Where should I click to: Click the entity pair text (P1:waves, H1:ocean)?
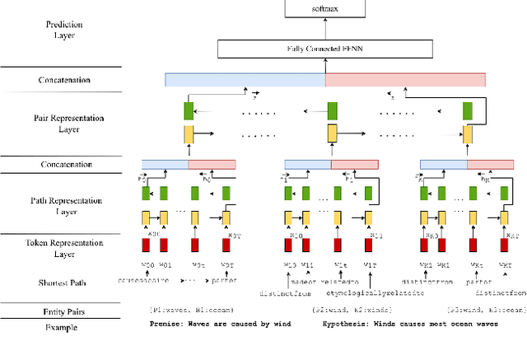(x=190, y=309)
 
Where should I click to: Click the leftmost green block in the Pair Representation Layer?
(x=189, y=110)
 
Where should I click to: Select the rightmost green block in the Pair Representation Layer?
(x=468, y=110)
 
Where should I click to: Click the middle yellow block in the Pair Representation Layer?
(x=332, y=133)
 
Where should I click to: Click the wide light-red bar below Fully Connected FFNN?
(x=405, y=80)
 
